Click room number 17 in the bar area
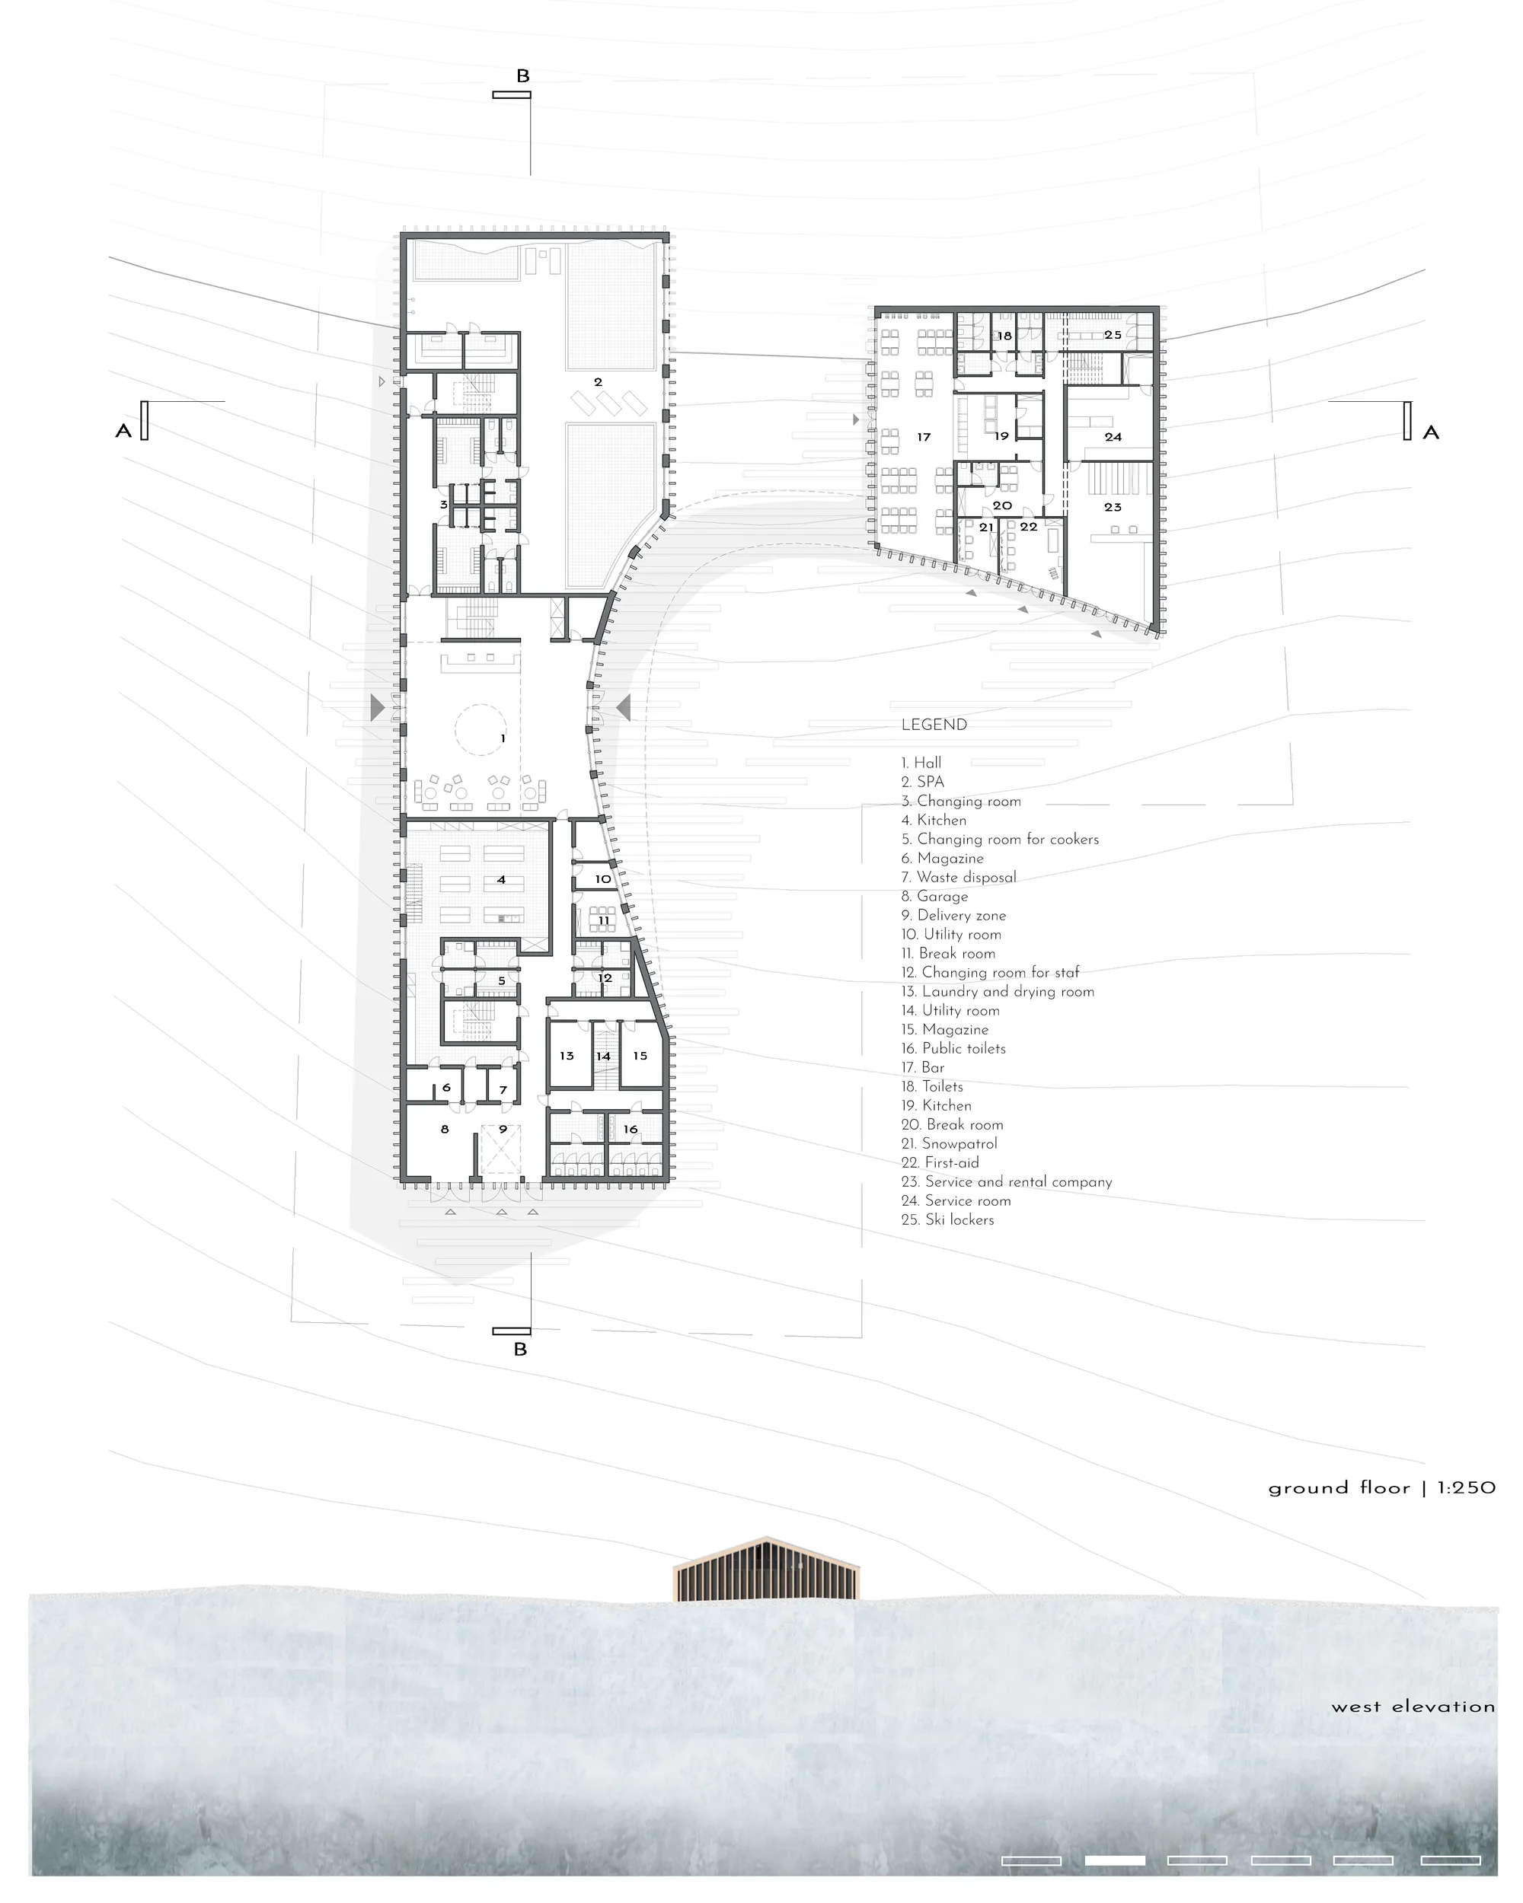click(x=924, y=437)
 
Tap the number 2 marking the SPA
click(x=598, y=382)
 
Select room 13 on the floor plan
click(x=567, y=1056)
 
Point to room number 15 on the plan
click(x=640, y=1056)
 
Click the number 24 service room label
click(x=1113, y=437)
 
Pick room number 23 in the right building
click(x=1113, y=508)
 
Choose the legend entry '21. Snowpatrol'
click(x=949, y=1144)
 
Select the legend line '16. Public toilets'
click(x=953, y=1049)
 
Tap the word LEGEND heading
click(x=934, y=725)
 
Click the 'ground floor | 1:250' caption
click(x=1381, y=1488)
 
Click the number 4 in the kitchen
click(x=502, y=880)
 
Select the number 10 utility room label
click(x=603, y=879)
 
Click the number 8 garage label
click(x=445, y=1129)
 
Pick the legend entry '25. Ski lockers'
click(x=947, y=1220)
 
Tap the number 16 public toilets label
click(x=631, y=1129)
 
